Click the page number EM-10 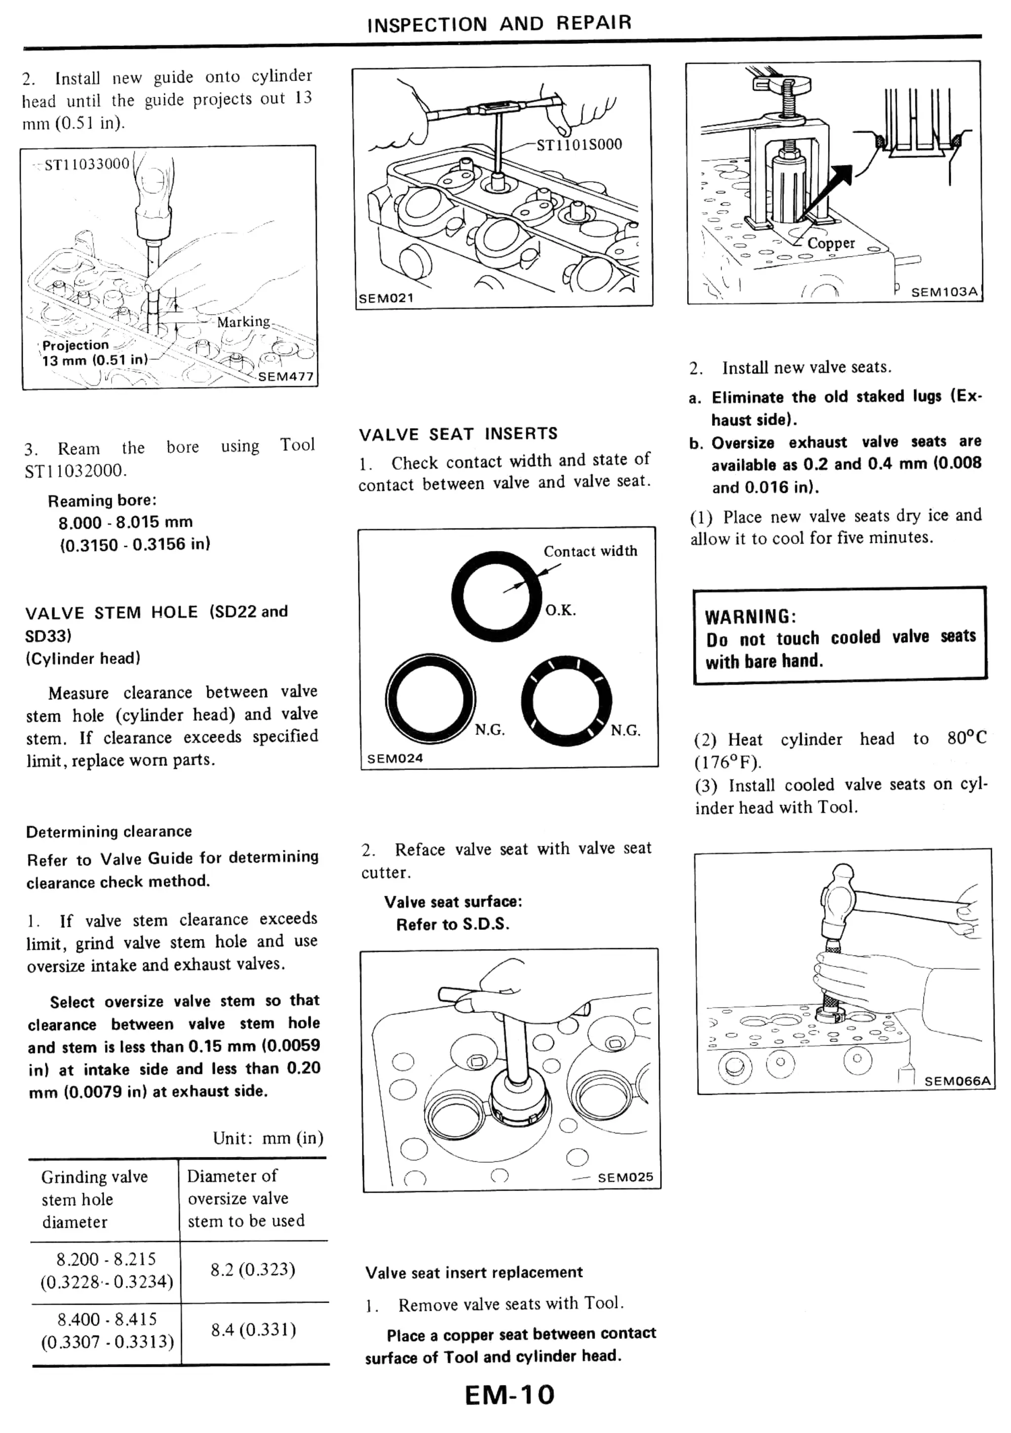[x=509, y=1394]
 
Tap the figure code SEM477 [x=285, y=376]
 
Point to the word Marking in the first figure [x=243, y=322]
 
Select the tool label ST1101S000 [x=579, y=145]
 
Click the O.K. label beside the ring [x=560, y=610]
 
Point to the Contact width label [x=590, y=551]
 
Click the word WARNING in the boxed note [x=749, y=617]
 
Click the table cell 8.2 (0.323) [x=252, y=1270]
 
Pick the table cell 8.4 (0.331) [x=252, y=1329]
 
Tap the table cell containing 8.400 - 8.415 [x=107, y=1329]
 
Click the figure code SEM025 [x=624, y=1177]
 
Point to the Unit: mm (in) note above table [x=268, y=1138]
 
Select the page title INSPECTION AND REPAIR [x=499, y=24]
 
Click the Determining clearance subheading [x=109, y=832]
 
